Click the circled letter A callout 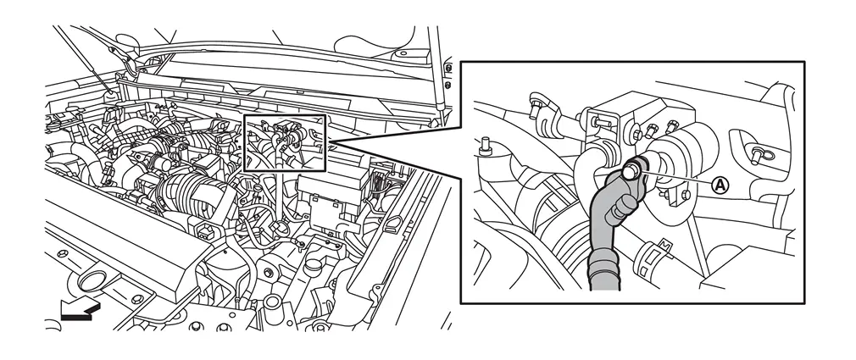(720, 186)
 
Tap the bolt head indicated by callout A (631, 171)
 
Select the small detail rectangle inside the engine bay (285, 142)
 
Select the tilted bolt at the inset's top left (537, 107)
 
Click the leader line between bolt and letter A (676, 179)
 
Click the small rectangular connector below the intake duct (204, 231)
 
